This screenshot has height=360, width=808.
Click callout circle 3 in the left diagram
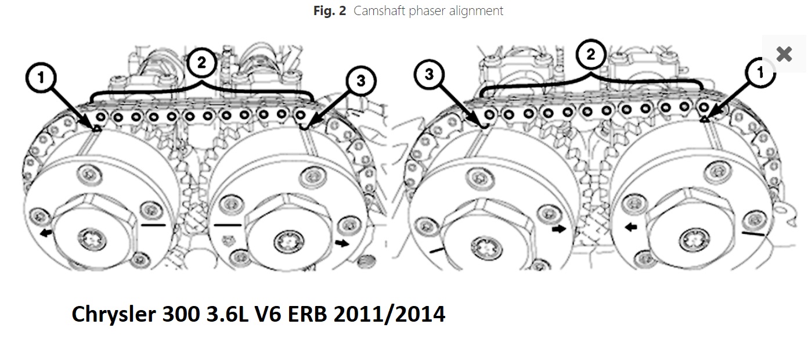point(360,81)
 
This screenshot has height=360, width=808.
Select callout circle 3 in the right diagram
point(428,74)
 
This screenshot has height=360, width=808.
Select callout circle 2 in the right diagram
point(590,55)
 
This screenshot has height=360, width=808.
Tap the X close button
point(784,54)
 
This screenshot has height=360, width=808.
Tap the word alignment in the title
point(478,11)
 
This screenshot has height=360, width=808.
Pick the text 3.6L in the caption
point(238,314)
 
